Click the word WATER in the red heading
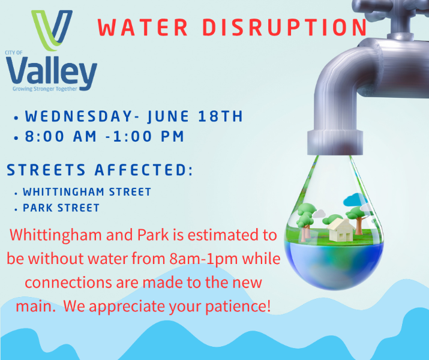click(x=143, y=28)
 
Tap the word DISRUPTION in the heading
click(x=284, y=28)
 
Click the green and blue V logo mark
click(x=52, y=31)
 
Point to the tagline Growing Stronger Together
click(x=45, y=89)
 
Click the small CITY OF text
click(x=14, y=53)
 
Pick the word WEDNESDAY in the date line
click(x=79, y=116)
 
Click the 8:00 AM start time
click(x=61, y=136)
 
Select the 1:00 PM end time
click(x=149, y=136)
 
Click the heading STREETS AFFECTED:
click(x=100, y=170)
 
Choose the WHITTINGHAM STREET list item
click(x=87, y=192)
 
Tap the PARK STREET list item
click(x=61, y=208)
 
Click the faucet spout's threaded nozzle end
click(x=335, y=142)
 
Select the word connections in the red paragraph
click(x=68, y=283)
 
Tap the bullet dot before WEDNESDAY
click(x=16, y=118)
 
